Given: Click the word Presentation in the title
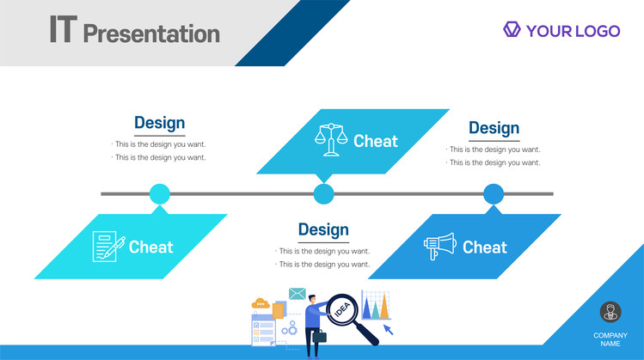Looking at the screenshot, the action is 151,34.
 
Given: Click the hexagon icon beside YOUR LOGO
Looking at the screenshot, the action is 512,29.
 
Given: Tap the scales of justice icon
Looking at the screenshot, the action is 331,139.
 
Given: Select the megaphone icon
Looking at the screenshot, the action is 440,247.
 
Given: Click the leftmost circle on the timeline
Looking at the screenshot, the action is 160,194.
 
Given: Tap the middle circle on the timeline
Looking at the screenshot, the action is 323,194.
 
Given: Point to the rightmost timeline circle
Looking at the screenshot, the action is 494,194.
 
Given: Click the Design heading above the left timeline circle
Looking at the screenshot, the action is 160,123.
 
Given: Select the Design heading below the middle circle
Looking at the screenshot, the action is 323,229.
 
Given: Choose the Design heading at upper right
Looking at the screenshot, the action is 494,128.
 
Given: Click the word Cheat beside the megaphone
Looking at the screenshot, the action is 485,247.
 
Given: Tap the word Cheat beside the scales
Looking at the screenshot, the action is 376,141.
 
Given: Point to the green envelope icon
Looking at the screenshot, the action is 297,294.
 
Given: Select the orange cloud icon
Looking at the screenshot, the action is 260,303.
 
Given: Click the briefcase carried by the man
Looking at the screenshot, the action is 320,336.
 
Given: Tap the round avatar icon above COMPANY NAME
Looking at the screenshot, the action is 610,312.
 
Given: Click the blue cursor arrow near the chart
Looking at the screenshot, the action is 388,329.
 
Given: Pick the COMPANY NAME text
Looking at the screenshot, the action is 610,339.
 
